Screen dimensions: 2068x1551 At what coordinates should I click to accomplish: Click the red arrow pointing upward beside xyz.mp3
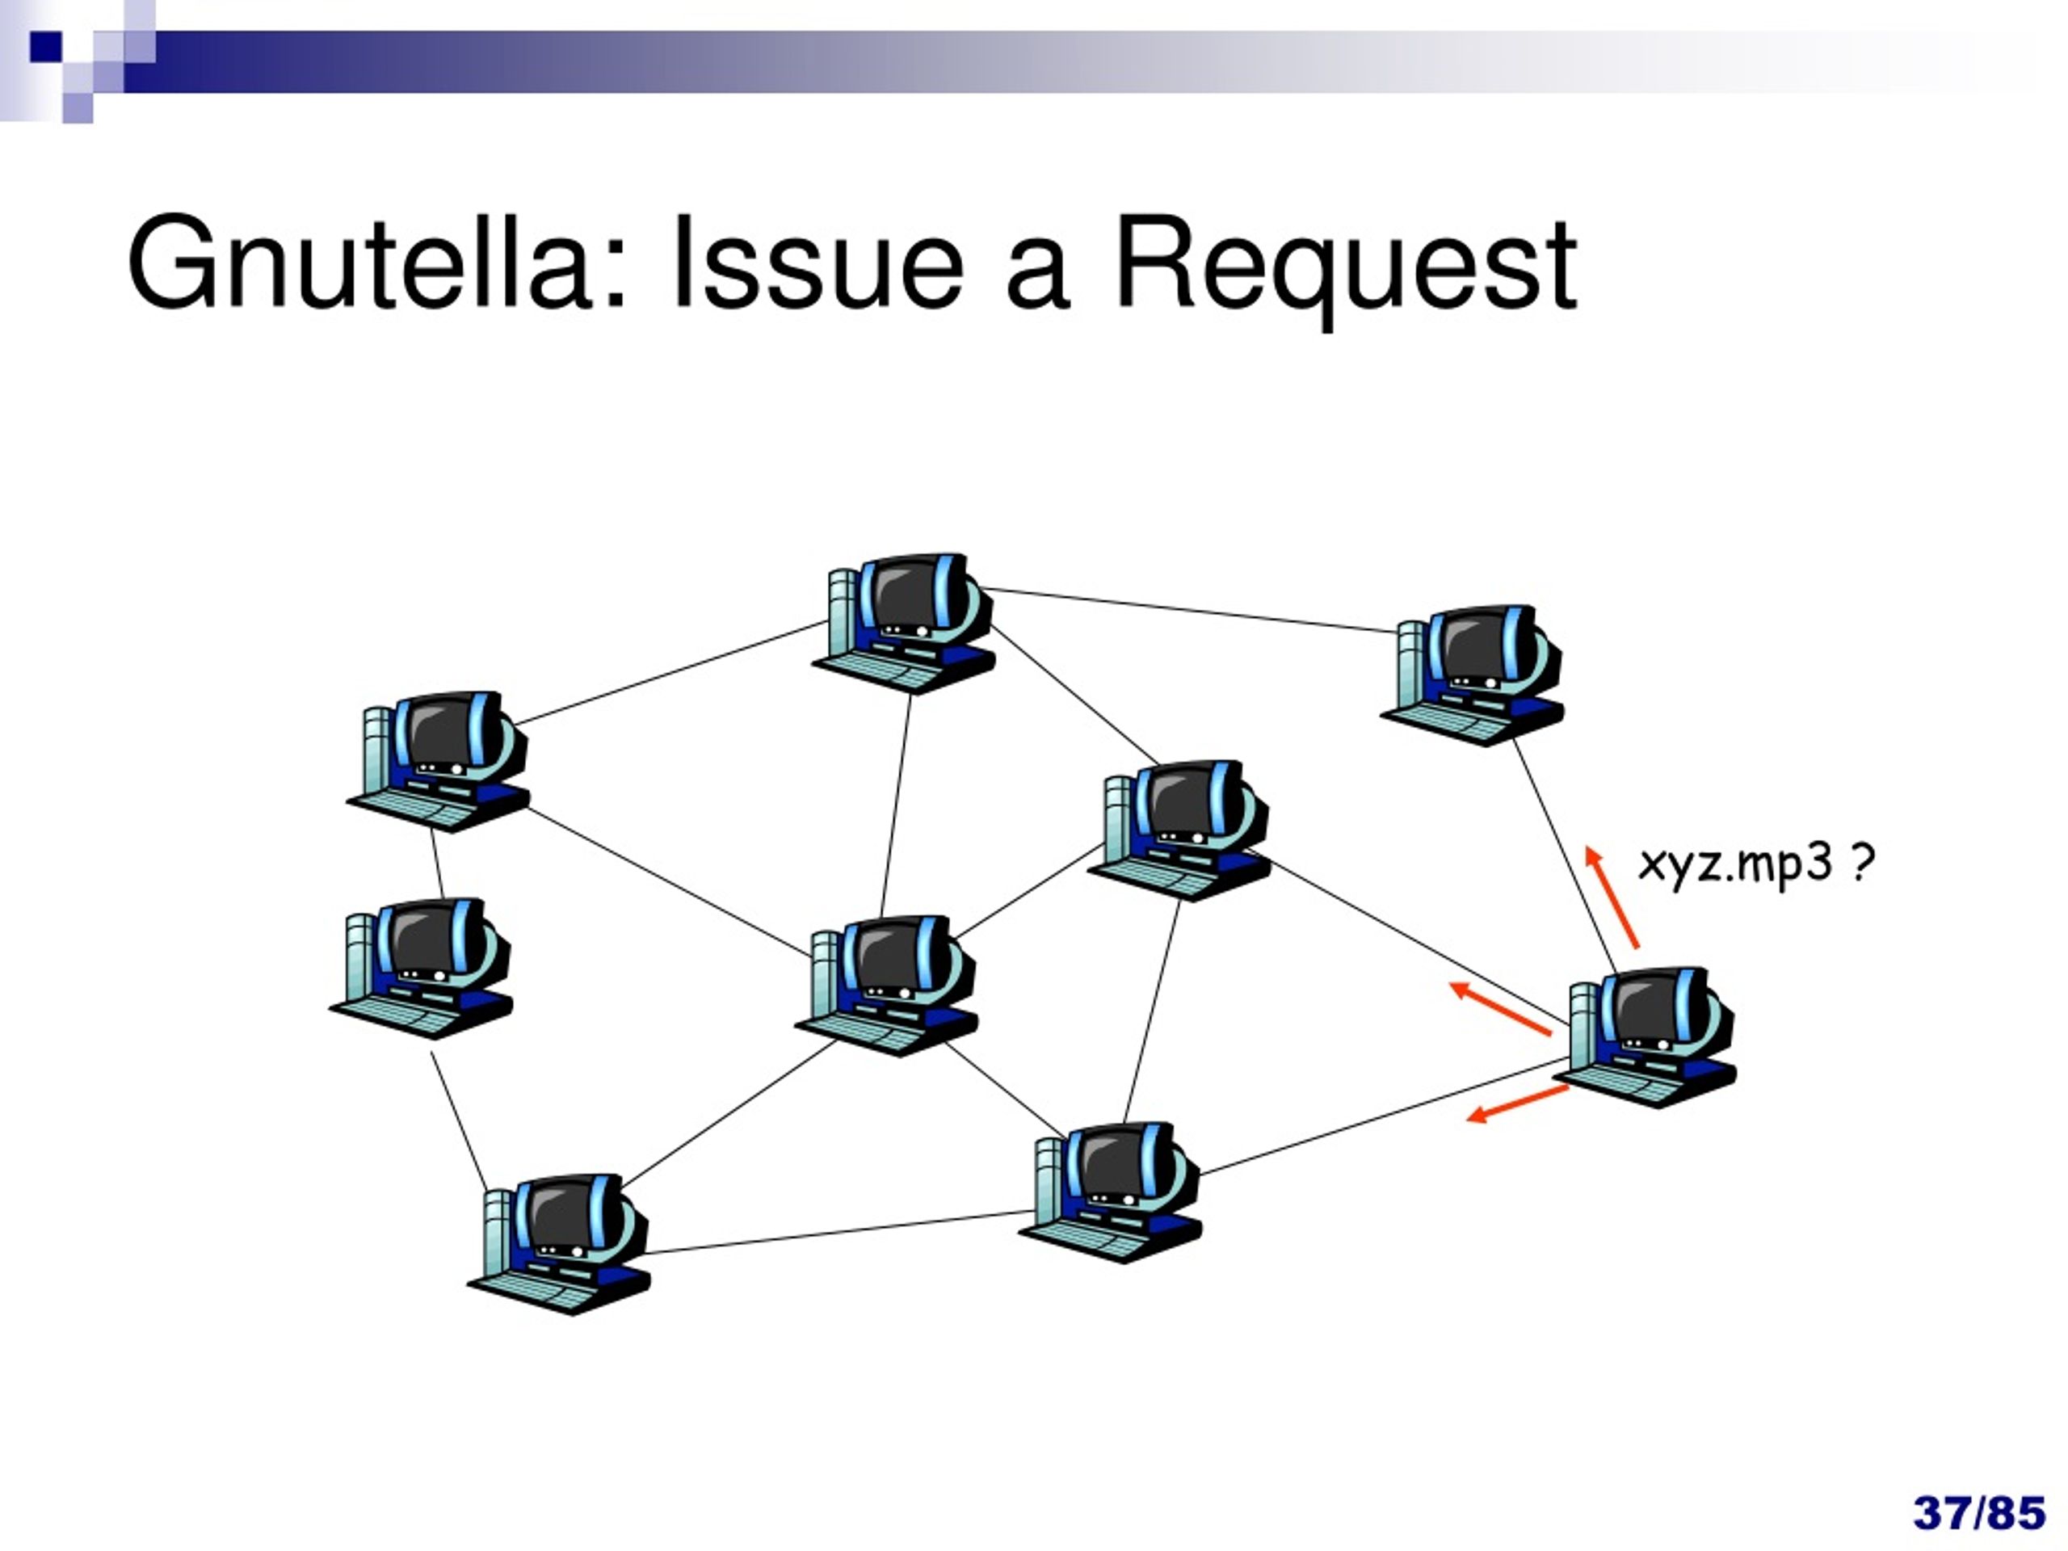(1612, 897)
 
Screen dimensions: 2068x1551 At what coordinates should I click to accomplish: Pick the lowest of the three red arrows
(1517, 1104)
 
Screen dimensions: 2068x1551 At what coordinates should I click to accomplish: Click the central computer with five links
(887, 987)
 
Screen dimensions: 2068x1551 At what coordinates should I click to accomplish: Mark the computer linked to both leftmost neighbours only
(421, 969)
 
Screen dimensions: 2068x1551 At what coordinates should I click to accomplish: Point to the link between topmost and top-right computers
(1187, 610)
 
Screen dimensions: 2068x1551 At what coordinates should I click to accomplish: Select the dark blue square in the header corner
(46, 47)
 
